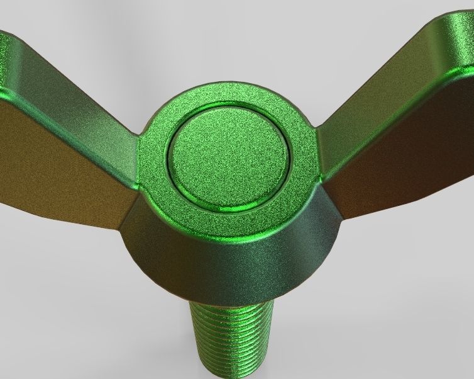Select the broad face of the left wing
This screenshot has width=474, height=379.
point(57,157)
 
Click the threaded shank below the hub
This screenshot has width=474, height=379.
point(233,340)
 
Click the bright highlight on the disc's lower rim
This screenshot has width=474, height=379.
point(233,206)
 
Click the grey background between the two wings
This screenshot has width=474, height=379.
point(226,44)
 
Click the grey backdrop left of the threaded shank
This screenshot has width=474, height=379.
point(94,327)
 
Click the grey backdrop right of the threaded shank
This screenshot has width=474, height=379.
point(377,327)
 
